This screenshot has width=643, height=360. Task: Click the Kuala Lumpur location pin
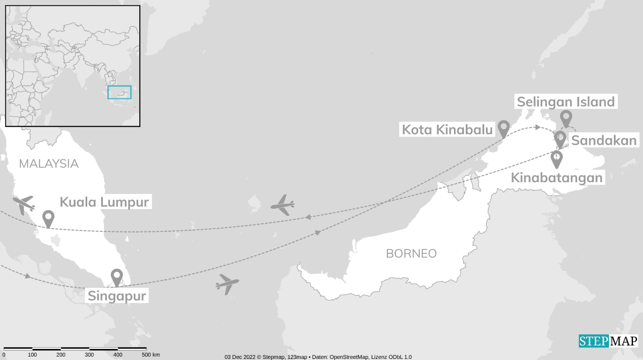(48, 218)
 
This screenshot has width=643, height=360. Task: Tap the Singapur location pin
(116, 276)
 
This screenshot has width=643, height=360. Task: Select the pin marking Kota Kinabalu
(504, 128)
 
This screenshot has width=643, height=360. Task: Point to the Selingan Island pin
(566, 118)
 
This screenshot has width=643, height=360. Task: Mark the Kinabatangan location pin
(557, 159)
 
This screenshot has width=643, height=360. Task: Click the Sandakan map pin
(560, 138)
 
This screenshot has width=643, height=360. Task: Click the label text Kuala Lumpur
(104, 202)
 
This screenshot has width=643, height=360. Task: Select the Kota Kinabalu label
(448, 130)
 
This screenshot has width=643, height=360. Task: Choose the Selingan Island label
(566, 102)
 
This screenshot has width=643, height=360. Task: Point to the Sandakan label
(604, 140)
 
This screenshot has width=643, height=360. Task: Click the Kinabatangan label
(557, 178)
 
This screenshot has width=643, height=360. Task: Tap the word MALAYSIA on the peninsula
(49, 164)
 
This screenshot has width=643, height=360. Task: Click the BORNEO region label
(411, 253)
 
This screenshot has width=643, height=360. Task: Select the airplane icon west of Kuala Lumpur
(23, 205)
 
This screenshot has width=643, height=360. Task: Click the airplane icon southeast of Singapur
(227, 284)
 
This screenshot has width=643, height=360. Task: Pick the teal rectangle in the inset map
(119, 92)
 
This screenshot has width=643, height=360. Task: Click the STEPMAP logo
(608, 341)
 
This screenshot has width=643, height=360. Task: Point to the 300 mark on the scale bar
(89, 355)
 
